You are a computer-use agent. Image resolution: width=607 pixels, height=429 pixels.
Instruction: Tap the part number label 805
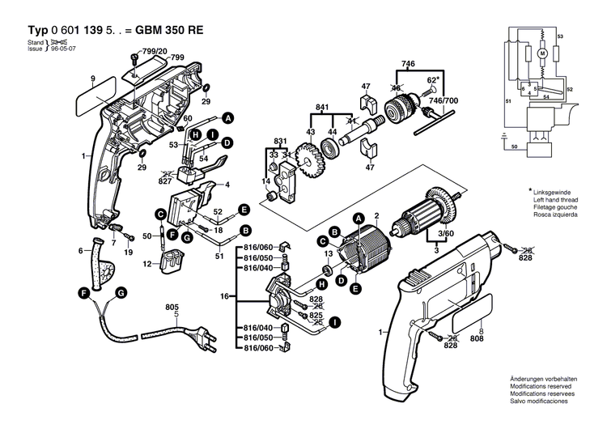172,307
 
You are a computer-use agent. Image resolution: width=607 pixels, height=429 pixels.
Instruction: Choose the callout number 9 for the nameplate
93,79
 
